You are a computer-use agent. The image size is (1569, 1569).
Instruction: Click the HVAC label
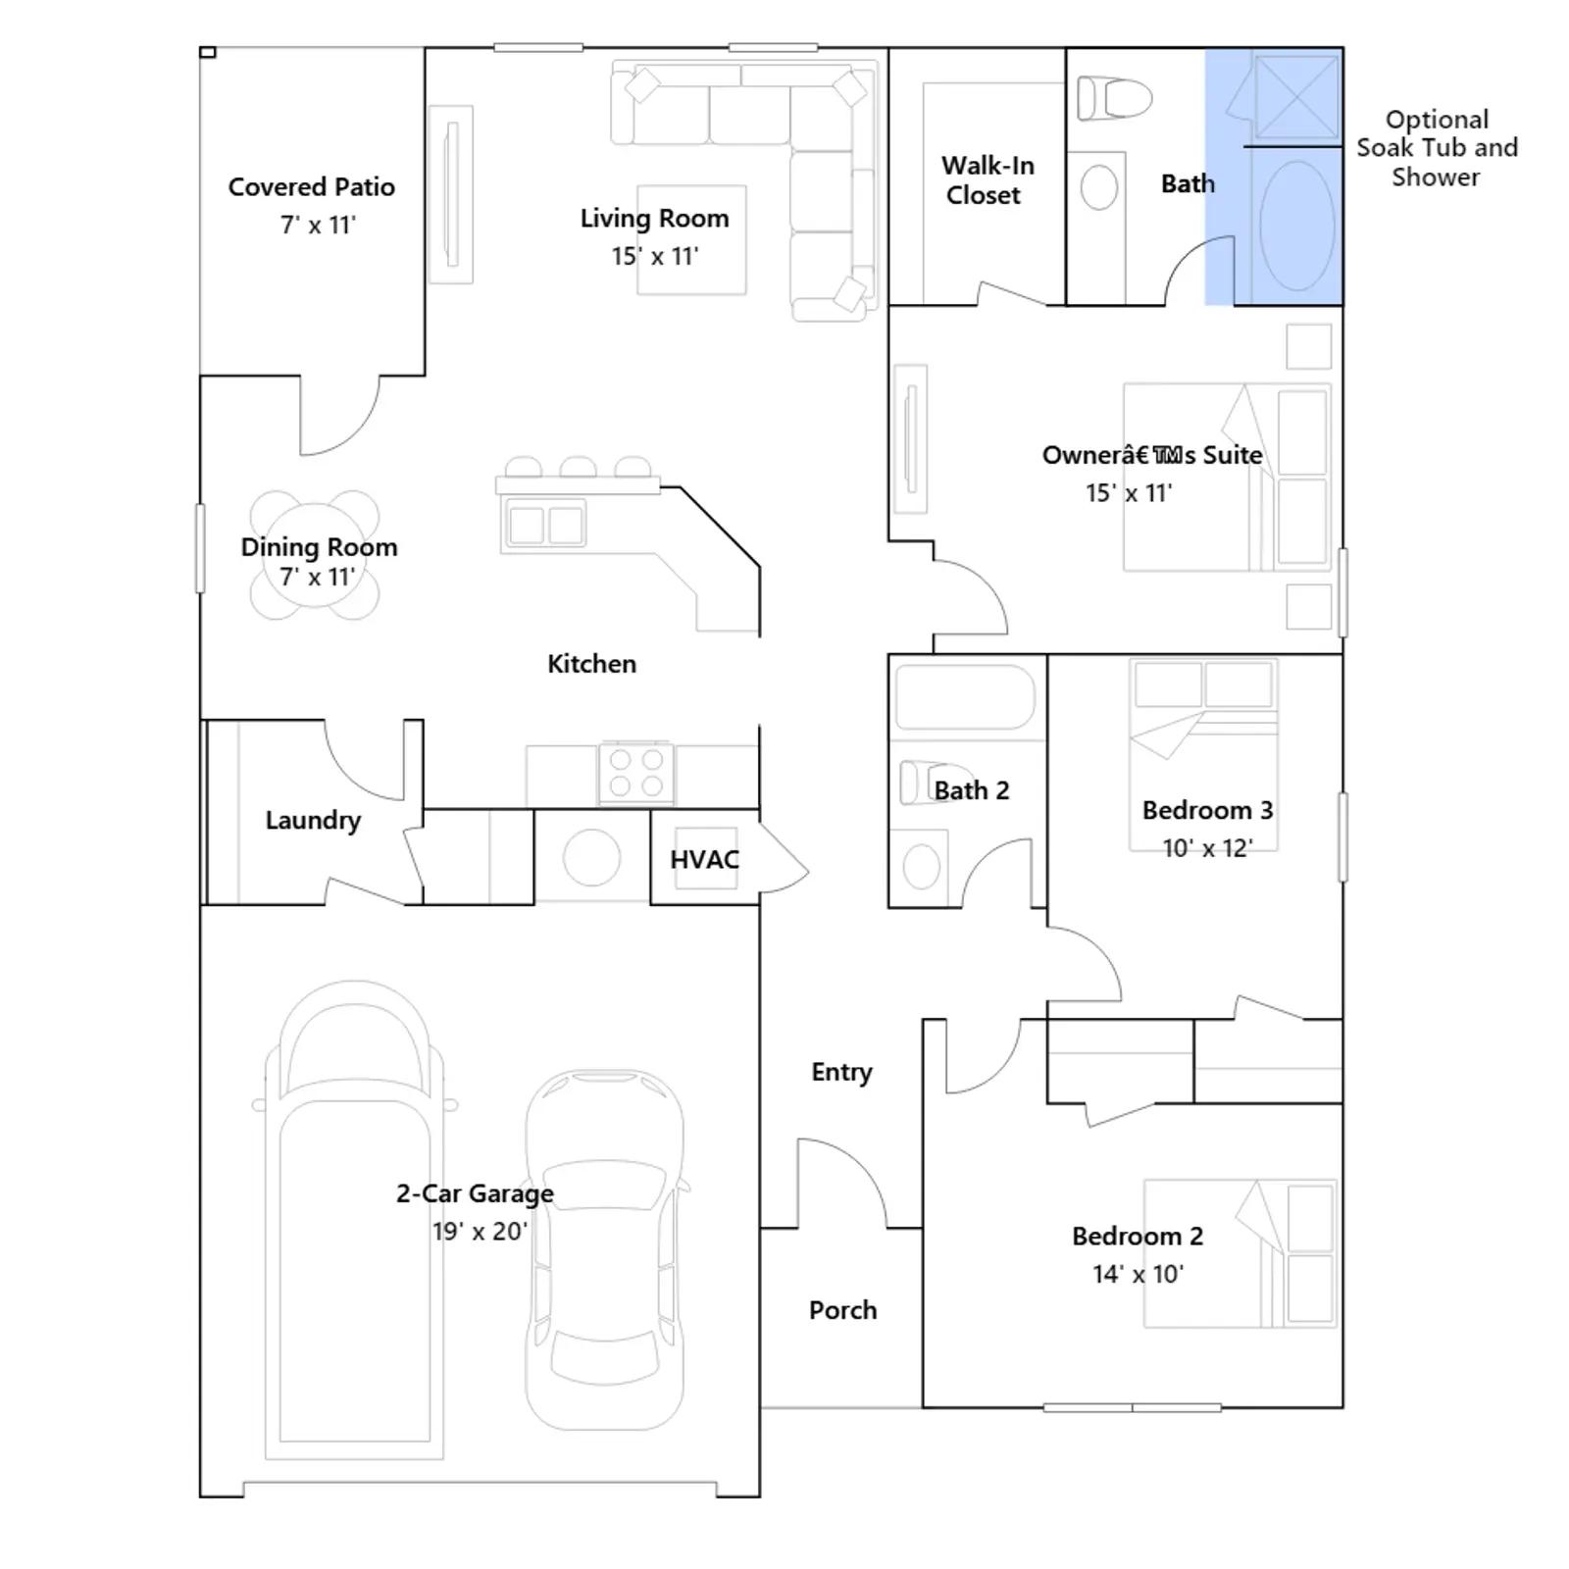pos(704,860)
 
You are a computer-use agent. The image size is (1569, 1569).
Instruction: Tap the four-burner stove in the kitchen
pos(635,772)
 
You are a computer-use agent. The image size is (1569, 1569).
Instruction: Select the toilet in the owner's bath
pos(1114,99)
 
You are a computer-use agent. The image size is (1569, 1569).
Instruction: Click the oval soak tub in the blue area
pos(1296,226)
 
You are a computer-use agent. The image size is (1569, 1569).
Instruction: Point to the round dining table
pos(315,555)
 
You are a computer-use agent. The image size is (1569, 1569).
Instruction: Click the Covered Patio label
pos(312,187)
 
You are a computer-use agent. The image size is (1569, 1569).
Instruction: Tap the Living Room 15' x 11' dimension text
pos(654,256)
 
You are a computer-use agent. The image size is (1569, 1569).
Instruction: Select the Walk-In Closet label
pos(987,180)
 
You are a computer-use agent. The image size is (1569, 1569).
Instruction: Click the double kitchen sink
pos(545,524)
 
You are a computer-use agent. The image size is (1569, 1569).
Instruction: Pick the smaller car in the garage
pos(605,1249)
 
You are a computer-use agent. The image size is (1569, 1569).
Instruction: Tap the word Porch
pos(842,1310)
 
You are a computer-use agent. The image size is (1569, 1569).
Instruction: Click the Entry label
pos(841,1073)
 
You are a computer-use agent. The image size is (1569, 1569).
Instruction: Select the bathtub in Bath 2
pos(965,698)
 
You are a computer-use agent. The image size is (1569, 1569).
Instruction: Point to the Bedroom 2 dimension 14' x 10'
pos(1138,1274)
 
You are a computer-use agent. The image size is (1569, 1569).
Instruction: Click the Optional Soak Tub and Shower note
pos(1437,148)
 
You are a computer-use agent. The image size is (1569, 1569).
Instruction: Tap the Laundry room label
pos(313,821)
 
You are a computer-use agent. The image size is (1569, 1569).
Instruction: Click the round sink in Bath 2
pos(921,867)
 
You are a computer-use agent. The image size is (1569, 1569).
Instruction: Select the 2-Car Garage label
pos(475,1193)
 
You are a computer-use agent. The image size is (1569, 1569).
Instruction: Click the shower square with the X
pos(1296,97)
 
